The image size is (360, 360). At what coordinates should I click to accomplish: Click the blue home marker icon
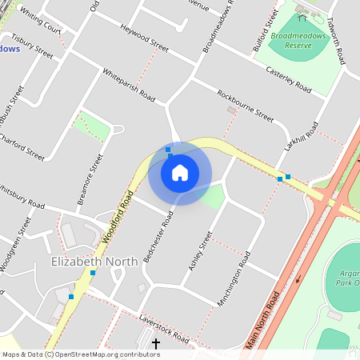tap(180, 173)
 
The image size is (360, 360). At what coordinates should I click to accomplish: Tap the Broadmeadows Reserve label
tap(302, 41)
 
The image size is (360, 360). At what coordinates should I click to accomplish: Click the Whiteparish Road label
tap(129, 84)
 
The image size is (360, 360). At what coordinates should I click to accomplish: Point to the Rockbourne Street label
tap(246, 105)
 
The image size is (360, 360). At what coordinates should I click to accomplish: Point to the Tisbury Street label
tap(32, 48)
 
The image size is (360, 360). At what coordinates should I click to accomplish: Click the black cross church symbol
tap(155, 342)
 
